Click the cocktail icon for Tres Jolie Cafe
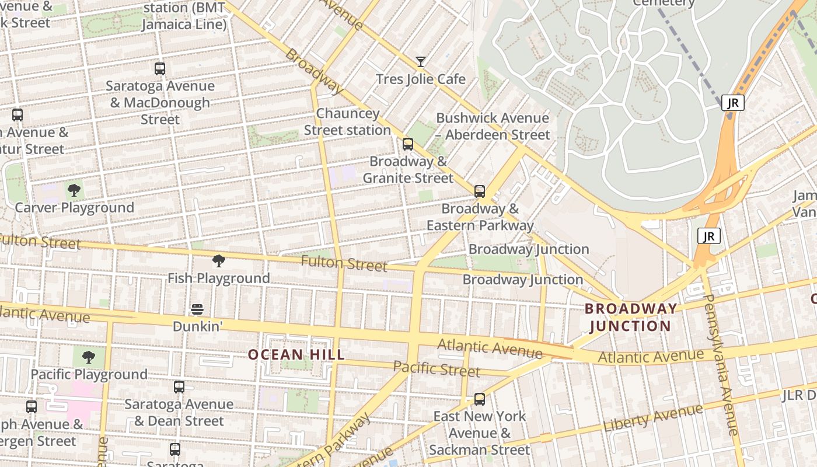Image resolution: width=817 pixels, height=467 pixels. pyautogui.click(x=420, y=61)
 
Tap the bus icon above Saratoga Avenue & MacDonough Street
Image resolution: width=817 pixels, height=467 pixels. pyautogui.click(x=159, y=69)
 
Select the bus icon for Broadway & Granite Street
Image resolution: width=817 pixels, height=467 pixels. pyautogui.click(x=408, y=144)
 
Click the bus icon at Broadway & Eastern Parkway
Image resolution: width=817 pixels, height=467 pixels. pyautogui.click(x=480, y=191)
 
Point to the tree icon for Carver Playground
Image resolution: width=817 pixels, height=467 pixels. pyautogui.click(x=74, y=190)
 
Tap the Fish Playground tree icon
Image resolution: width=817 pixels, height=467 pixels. pyautogui.click(x=219, y=261)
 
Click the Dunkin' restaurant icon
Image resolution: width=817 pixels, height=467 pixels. pyautogui.click(x=197, y=309)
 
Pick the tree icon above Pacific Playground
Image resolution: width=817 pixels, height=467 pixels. pyautogui.click(x=89, y=357)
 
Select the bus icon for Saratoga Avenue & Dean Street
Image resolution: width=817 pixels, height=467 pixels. pyautogui.click(x=179, y=386)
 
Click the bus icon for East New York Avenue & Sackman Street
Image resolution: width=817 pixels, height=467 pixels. pyautogui.click(x=480, y=399)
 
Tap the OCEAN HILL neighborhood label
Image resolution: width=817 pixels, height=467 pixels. pyautogui.click(x=296, y=354)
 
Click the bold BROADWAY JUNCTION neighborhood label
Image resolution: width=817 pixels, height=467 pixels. pyautogui.click(x=631, y=317)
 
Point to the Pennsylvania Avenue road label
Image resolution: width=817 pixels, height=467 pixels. pyautogui.click(x=722, y=364)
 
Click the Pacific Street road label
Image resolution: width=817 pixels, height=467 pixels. pyautogui.click(x=437, y=369)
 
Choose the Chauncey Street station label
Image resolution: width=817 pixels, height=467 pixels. pyautogui.click(x=347, y=121)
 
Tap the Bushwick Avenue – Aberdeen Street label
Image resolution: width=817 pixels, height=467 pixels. pyautogui.click(x=493, y=126)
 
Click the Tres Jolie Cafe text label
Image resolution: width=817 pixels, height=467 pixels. pyautogui.click(x=421, y=79)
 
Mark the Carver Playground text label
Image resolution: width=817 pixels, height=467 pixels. pyautogui.click(x=74, y=208)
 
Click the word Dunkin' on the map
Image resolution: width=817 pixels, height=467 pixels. pyautogui.click(x=198, y=326)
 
